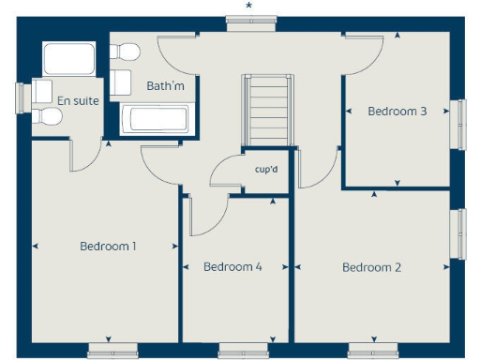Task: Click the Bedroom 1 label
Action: pos(108,247)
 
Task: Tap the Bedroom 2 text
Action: pos(371,267)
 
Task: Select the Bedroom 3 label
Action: pos(397,111)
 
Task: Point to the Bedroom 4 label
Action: pos(232,267)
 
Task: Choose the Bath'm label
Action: pos(164,85)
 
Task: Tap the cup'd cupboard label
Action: pos(267,170)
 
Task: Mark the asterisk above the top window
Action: pos(248,6)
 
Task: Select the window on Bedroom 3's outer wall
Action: pos(459,123)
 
